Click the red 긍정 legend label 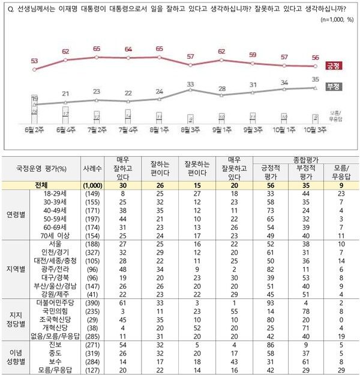(x=332, y=65)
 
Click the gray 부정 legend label (x=332, y=87)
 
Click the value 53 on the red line (x=34, y=61)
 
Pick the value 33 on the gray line (x=190, y=83)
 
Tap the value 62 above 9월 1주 (x=221, y=52)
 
